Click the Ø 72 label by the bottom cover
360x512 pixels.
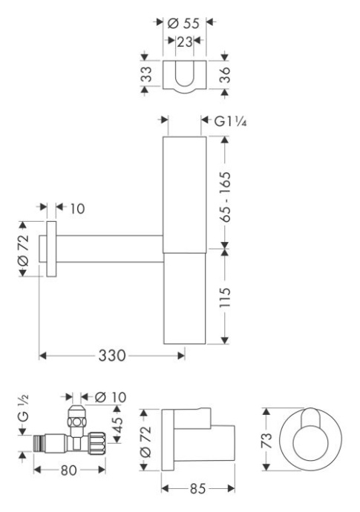pos(146,442)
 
